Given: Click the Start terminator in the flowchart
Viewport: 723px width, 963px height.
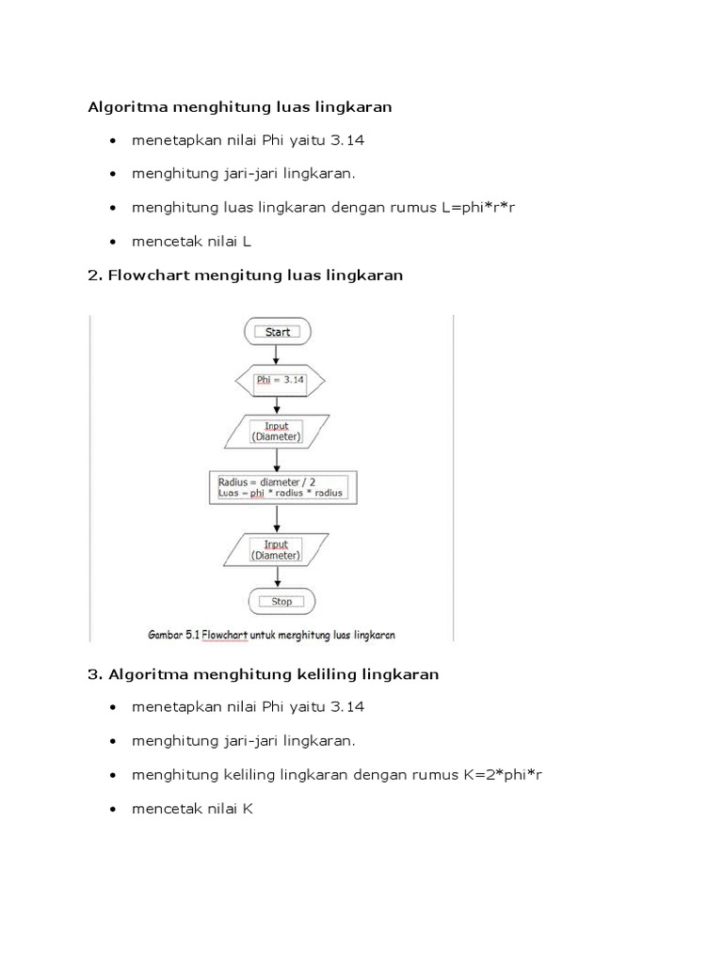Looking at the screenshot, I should click(x=277, y=331).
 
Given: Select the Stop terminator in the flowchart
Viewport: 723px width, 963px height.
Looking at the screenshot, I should click(x=281, y=601).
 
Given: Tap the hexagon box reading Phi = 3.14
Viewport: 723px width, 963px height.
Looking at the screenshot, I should click(x=279, y=381).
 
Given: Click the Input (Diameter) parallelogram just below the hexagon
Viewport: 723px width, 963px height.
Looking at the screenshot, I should click(x=276, y=431).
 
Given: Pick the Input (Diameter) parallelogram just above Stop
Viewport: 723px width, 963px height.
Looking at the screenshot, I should click(x=276, y=549).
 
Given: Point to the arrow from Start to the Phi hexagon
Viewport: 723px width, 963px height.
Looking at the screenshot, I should click(x=277, y=355).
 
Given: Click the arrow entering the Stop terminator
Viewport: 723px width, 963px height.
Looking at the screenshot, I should click(x=277, y=576).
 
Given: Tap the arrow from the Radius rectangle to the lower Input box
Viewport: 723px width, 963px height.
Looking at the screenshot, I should click(x=277, y=517).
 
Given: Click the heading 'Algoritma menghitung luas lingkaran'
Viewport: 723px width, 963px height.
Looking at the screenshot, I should click(x=240, y=107).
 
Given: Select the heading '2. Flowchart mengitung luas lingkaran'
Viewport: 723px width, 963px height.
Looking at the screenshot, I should click(x=246, y=276).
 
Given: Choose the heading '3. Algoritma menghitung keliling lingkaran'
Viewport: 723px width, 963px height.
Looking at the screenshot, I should click(x=264, y=674).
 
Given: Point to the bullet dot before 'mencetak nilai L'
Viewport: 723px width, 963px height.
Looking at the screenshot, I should click(x=114, y=242).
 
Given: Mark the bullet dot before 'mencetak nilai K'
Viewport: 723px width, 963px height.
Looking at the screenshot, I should click(x=114, y=810).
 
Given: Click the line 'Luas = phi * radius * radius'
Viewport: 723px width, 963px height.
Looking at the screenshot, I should click(x=281, y=493).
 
